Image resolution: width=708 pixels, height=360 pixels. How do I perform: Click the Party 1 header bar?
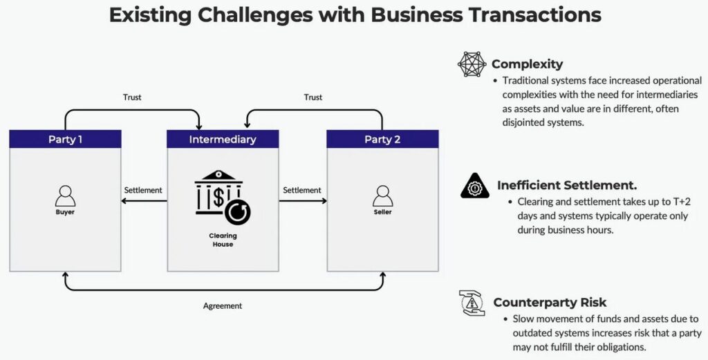tap(65, 139)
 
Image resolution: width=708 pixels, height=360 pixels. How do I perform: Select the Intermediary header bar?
tap(223, 139)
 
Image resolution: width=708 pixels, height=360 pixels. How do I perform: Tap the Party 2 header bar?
tap(382, 139)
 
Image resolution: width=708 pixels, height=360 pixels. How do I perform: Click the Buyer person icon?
tap(65, 196)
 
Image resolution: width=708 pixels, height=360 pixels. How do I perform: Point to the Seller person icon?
tap(382, 196)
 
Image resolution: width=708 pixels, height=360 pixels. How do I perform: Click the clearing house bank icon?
tap(222, 197)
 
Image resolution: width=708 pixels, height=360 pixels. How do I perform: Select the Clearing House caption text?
tap(223, 240)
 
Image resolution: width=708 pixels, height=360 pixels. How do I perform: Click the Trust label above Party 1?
tap(131, 97)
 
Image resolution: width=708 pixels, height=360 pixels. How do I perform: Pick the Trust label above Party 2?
tap(313, 97)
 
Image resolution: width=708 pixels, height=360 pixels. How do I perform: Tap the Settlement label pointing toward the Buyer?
tap(143, 190)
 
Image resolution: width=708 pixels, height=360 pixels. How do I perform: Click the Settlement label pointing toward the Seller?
tap(302, 190)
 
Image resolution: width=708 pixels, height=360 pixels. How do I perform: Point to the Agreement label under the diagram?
tap(223, 305)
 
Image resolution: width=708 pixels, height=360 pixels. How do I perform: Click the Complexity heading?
tap(527, 64)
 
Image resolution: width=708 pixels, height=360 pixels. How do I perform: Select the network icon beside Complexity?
tap(472, 64)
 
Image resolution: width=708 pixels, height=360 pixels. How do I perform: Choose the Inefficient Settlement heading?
tap(567, 185)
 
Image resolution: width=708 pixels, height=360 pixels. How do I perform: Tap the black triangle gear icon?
tap(474, 186)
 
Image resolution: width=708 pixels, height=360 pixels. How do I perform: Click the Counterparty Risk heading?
tap(550, 303)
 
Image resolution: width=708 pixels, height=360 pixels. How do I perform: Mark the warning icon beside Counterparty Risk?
tap(472, 303)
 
